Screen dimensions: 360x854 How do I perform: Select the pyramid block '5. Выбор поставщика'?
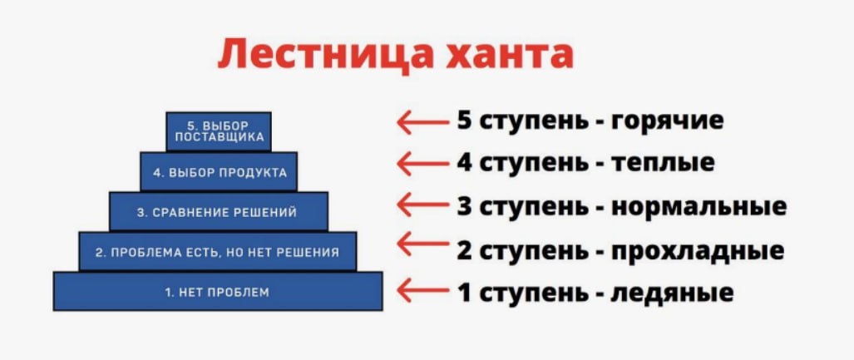(219, 131)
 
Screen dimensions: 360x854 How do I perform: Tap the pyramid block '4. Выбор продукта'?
(219, 172)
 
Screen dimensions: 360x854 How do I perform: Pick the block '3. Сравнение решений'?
(219, 212)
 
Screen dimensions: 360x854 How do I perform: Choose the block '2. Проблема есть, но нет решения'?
(218, 252)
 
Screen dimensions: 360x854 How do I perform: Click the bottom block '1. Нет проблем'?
(218, 292)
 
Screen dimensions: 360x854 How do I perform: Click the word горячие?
(667, 121)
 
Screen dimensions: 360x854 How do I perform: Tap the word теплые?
(663, 163)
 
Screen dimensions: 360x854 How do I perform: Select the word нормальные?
(699, 205)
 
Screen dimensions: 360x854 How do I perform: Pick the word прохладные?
(697, 249)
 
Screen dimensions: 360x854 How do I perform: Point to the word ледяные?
(672, 293)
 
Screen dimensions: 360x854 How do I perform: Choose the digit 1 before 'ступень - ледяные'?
(464, 293)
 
